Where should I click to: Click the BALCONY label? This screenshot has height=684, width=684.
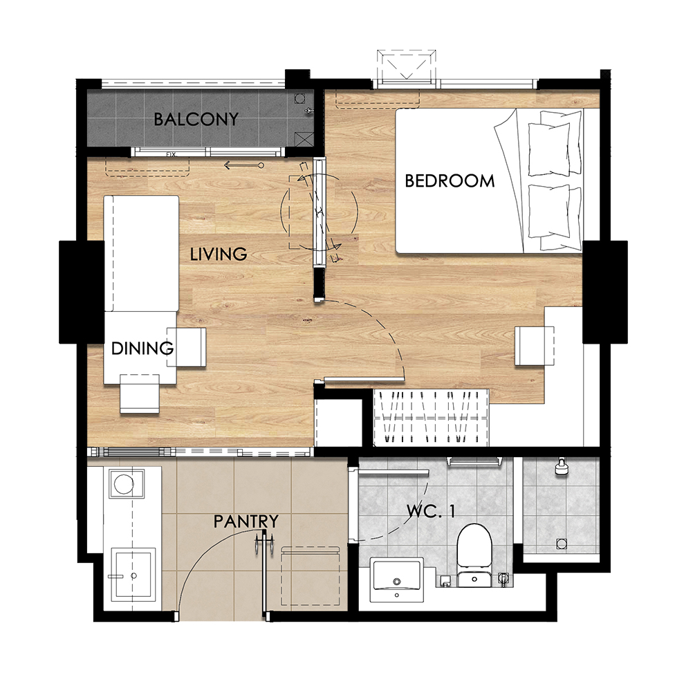click(x=196, y=119)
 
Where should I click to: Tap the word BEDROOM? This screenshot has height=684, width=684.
click(x=450, y=181)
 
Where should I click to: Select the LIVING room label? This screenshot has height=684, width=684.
click(x=219, y=254)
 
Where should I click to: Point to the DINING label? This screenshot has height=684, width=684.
click(x=142, y=348)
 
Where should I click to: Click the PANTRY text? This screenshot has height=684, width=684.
click(x=246, y=521)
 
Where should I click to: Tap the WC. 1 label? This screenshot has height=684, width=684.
click(x=431, y=511)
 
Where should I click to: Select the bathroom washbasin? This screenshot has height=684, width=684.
click(x=396, y=580)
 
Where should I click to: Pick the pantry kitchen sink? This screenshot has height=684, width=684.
click(x=133, y=573)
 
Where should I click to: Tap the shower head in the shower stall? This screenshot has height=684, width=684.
click(x=561, y=466)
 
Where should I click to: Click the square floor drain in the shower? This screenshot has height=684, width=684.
click(x=562, y=544)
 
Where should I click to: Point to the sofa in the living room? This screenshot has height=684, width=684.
click(x=141, y=253)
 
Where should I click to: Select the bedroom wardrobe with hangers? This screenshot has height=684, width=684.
click(x=431, y=417)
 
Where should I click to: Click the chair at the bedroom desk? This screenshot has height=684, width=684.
click(x=535, y=346)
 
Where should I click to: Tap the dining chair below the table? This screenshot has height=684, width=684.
click(x=140, y=394)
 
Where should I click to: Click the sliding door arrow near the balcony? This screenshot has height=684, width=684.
click(x=244, y=165)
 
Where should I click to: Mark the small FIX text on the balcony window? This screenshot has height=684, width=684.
click(x=171, y=154)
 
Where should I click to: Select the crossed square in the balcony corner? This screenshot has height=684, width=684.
click(x=304, y=140)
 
